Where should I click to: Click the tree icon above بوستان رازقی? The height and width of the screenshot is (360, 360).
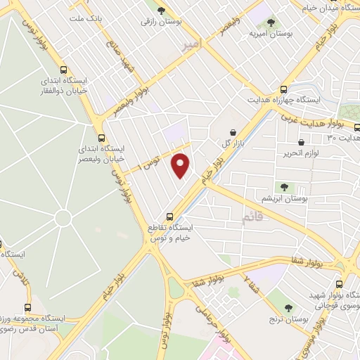(162, 11)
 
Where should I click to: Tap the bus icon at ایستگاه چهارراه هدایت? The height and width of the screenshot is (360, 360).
(284, 90)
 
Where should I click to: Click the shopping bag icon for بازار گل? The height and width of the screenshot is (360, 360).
(233, 131)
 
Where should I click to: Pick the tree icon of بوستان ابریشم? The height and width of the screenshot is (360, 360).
(284, 187)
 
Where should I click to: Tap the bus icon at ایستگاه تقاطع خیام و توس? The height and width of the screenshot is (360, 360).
(169, 217)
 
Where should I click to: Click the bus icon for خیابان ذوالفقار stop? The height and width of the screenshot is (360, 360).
(65, 70)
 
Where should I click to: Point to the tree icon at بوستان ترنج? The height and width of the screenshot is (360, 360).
(289, 308)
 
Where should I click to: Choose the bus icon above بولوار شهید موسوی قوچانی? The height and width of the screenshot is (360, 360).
(339, 285)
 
